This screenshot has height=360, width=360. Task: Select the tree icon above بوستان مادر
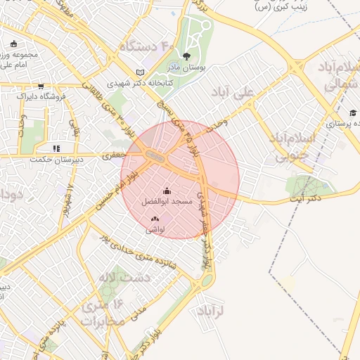click(186, 56)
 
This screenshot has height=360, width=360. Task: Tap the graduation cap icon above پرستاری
click(352, 112)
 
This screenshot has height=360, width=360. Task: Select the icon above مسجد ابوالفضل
click(167, 191)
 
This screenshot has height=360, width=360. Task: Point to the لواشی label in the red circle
click(155, 230)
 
